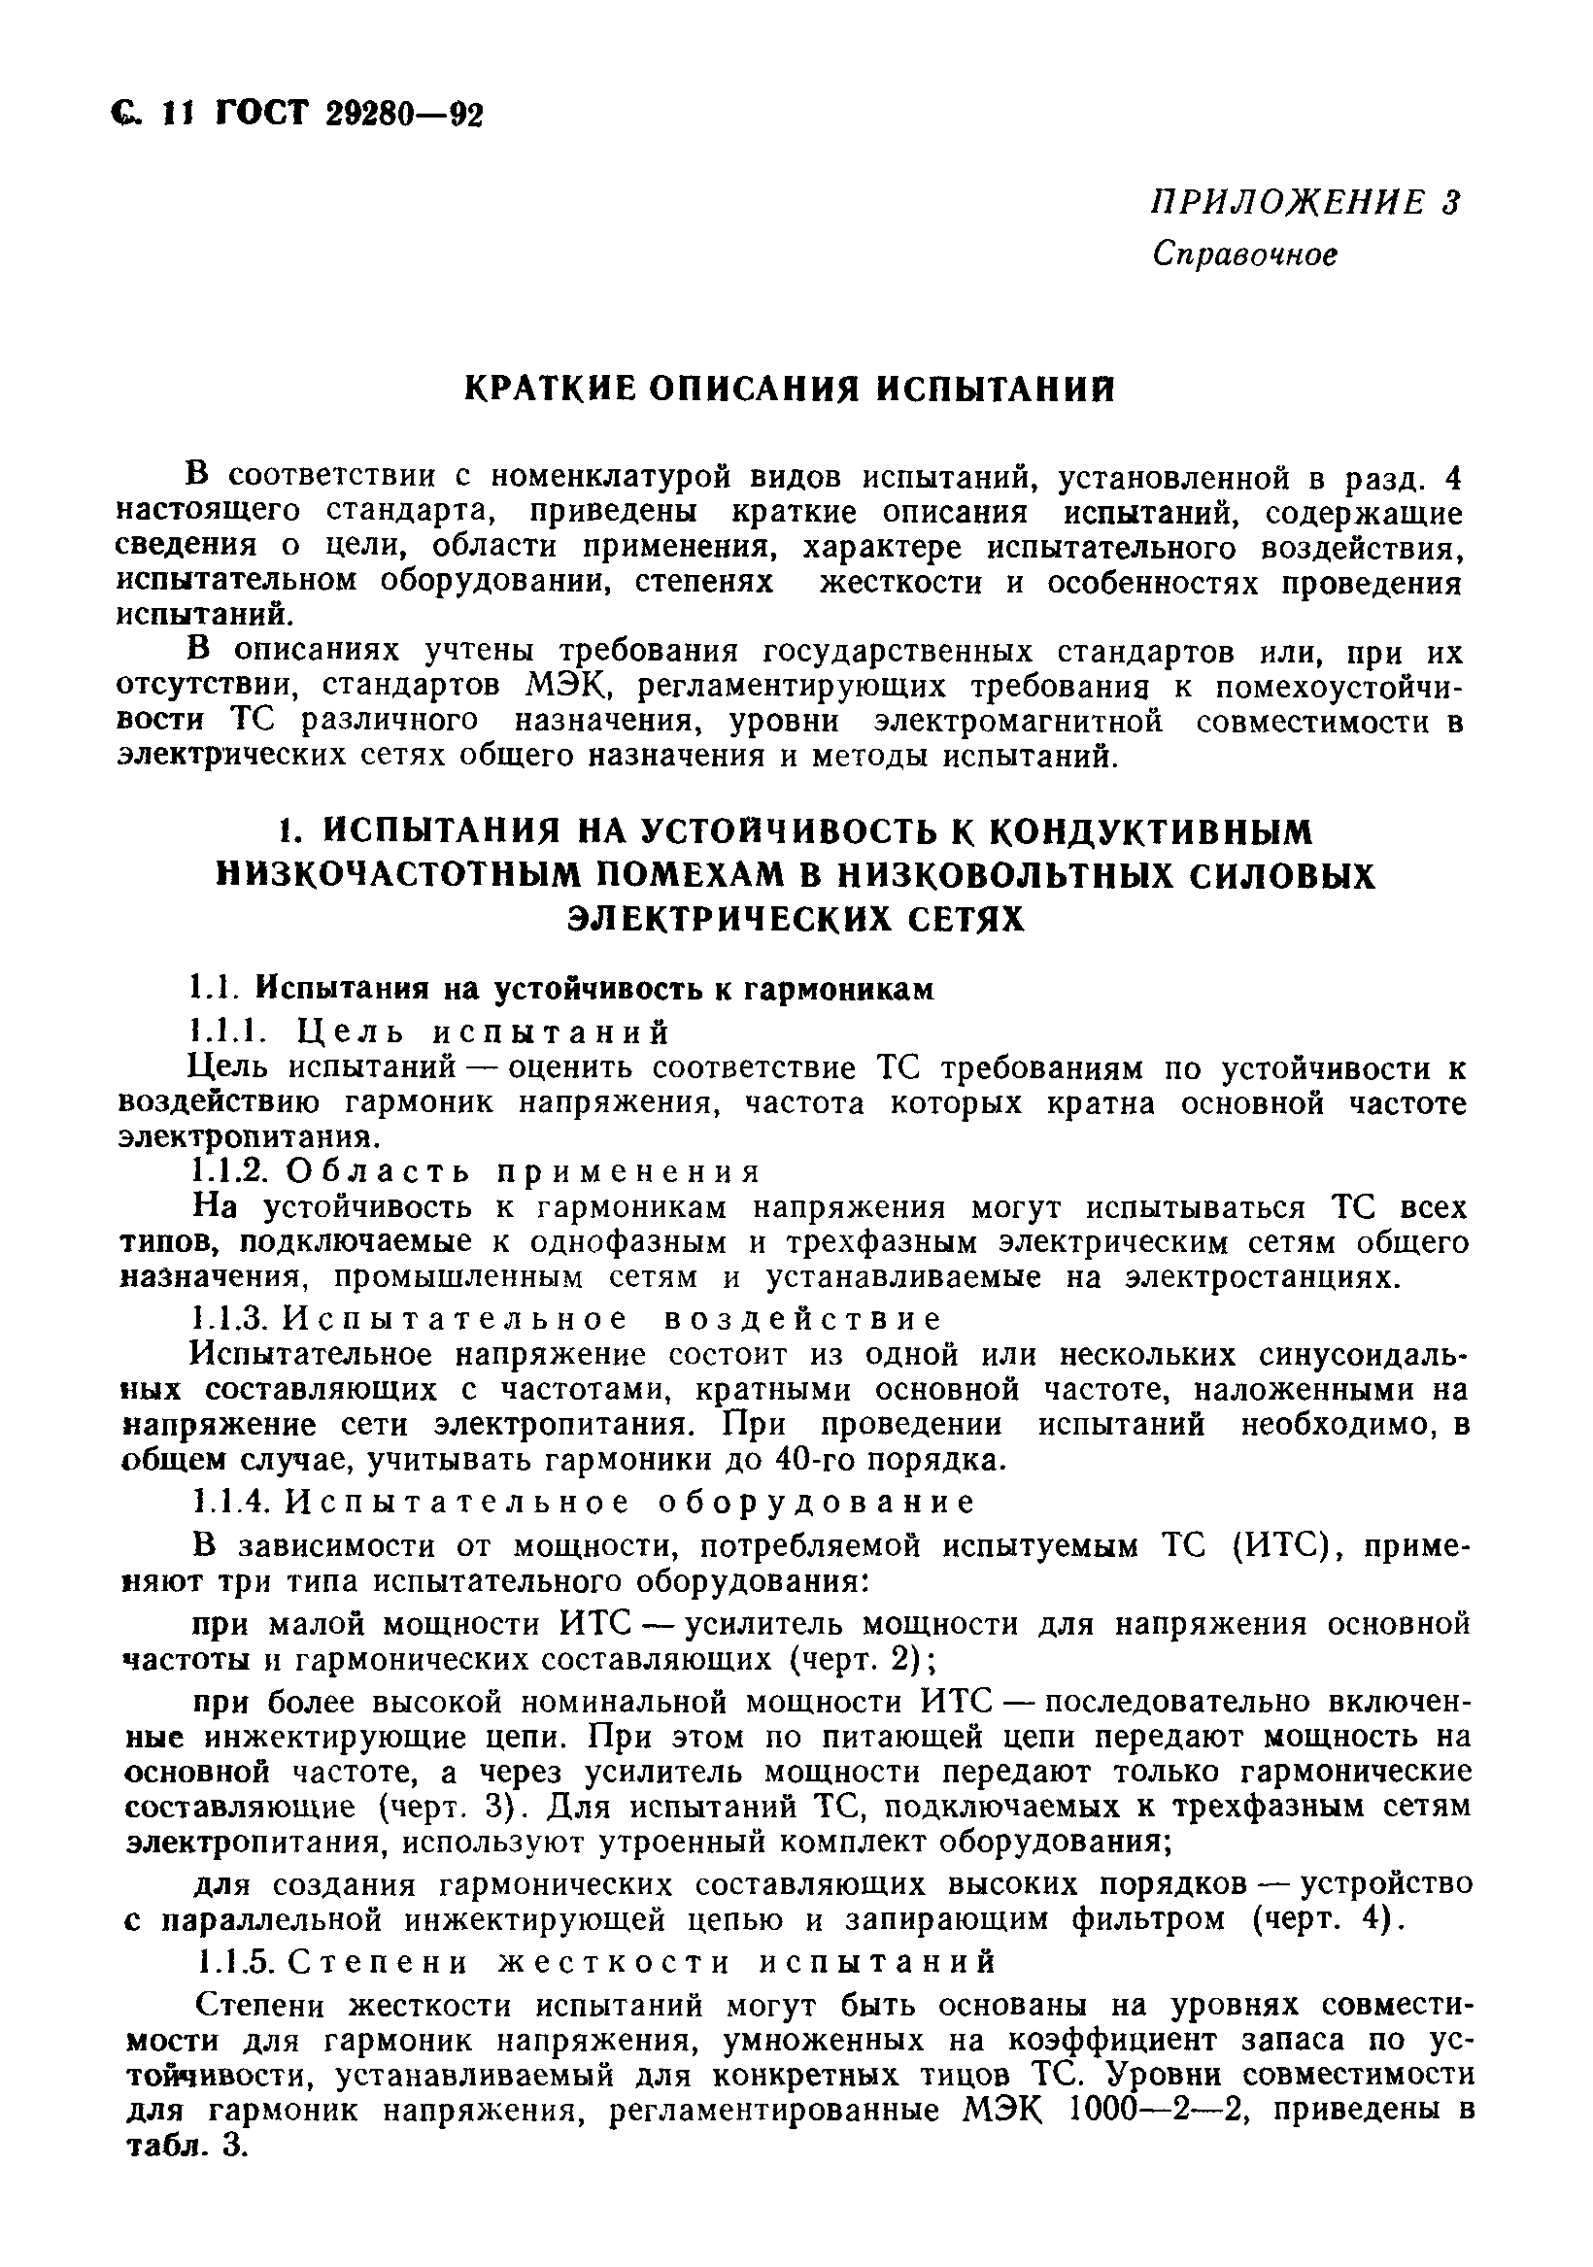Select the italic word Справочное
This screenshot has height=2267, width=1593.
(1244, 254)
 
